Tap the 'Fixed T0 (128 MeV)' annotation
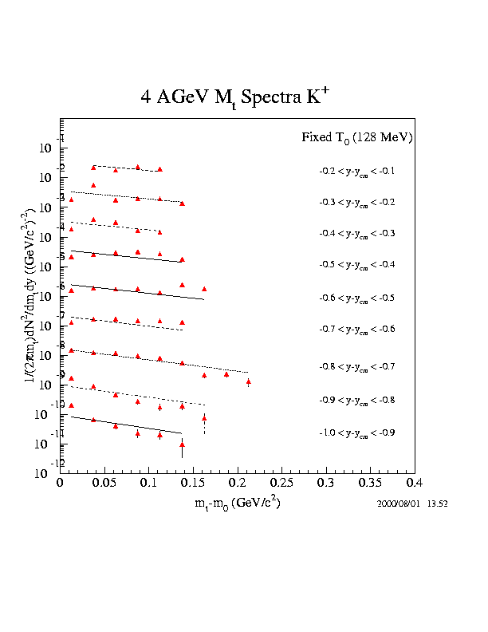356,137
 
